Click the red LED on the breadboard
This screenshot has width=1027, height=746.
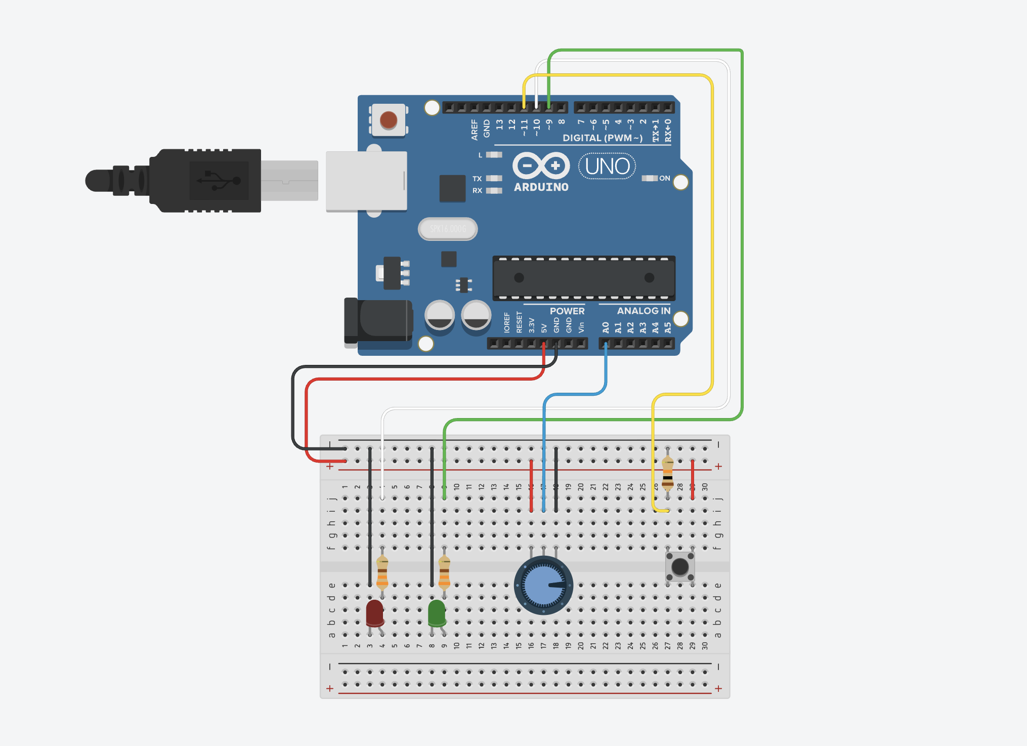point(374,612)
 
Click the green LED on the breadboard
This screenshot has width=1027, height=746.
point(437,612)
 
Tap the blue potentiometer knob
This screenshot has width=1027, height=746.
point(543,585)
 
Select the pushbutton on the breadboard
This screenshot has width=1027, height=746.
point(680,566)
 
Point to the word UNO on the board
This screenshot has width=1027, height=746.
point(607,167)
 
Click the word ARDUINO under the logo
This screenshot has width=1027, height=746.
point(541,187)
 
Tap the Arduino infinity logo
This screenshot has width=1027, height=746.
point(541,165)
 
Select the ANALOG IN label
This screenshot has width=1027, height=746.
point(644,311)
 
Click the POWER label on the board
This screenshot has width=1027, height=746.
point(567,311)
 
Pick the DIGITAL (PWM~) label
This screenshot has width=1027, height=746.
point(603,138)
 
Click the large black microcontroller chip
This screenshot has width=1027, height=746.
point(584,278)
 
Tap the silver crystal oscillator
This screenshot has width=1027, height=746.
point(448,229)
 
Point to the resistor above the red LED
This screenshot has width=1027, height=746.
point(382,572)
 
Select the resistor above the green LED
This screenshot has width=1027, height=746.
point(444,572)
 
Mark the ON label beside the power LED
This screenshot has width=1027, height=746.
point(664,178)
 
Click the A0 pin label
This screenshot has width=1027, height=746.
point(606,327)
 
